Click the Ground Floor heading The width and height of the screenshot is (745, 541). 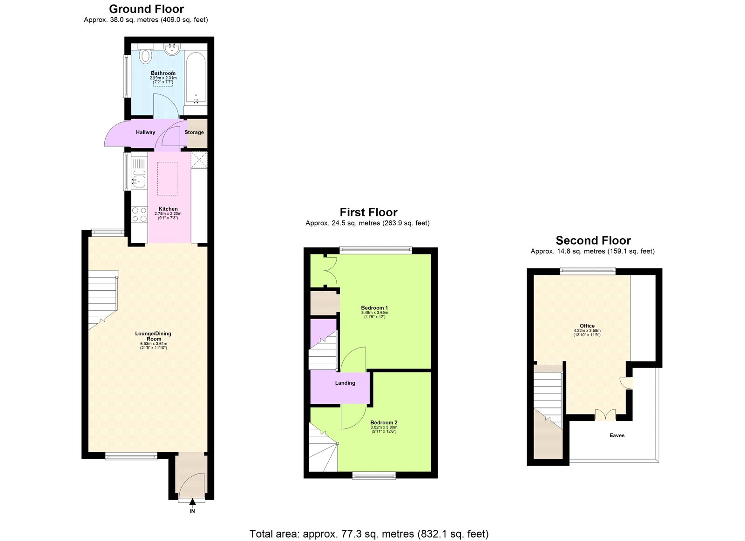click(x=146, y=9)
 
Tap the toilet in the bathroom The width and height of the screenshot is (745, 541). click(x=146, y=56)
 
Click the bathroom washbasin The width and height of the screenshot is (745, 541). click(x=173, y=49)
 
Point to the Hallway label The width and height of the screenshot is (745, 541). click(x=145, y=133)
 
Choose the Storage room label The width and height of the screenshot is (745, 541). click(x=194, y=133)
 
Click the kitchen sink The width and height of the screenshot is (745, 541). click(x=139, y=179)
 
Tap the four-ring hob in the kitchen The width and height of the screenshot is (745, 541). click(x=139, y=214)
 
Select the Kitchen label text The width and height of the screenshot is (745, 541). click(x=168, y=209)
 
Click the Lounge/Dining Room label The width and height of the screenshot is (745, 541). click(x=153, y=336)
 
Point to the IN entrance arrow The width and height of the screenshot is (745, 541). click(x=192, y=504)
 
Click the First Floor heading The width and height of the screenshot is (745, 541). click(x=368, y=213)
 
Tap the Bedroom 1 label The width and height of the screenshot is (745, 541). click(x=374, y=308)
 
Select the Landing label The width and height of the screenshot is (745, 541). click(x=345, y=383)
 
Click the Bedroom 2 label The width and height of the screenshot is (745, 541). click(x=384, y=423)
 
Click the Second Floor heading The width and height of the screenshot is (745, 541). click(x=593, y=240)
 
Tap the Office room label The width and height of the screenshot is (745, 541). click(x=587, y=326)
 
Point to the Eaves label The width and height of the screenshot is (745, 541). click(x=617, y=436)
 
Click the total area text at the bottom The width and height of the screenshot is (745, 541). click(x=369, y=534)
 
